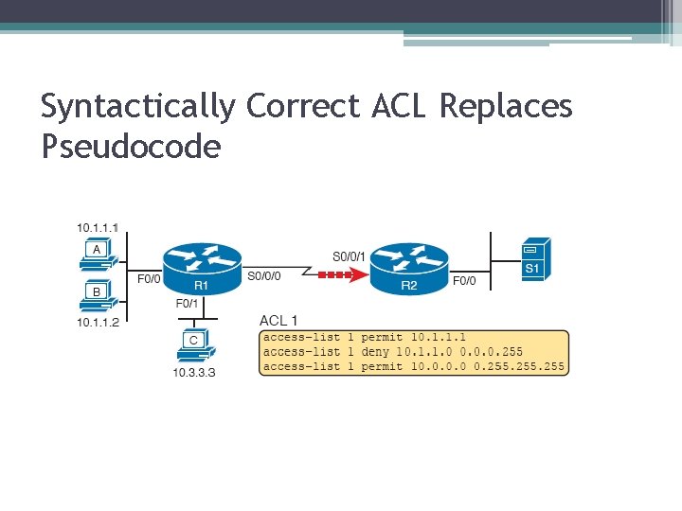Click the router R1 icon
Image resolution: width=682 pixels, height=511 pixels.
coord(202,268)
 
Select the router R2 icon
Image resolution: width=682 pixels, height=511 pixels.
coord(408,268)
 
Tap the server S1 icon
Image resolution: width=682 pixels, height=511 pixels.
coord(534,259)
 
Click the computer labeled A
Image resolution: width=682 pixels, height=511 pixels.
coord(97,253)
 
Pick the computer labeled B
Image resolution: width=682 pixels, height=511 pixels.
coord(97,296)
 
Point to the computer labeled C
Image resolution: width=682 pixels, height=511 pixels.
coord(193,344)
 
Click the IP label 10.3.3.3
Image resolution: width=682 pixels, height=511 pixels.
coord(193,373)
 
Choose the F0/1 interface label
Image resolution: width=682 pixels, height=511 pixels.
coord(188,304)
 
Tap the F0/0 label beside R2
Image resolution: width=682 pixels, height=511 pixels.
coord(464,280)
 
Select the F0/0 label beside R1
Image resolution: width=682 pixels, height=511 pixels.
coord(149,279)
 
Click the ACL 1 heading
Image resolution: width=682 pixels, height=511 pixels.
coord(278,321)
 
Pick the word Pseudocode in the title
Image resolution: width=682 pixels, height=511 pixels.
coord(131,146)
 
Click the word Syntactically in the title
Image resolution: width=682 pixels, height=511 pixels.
coord(137,106)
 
